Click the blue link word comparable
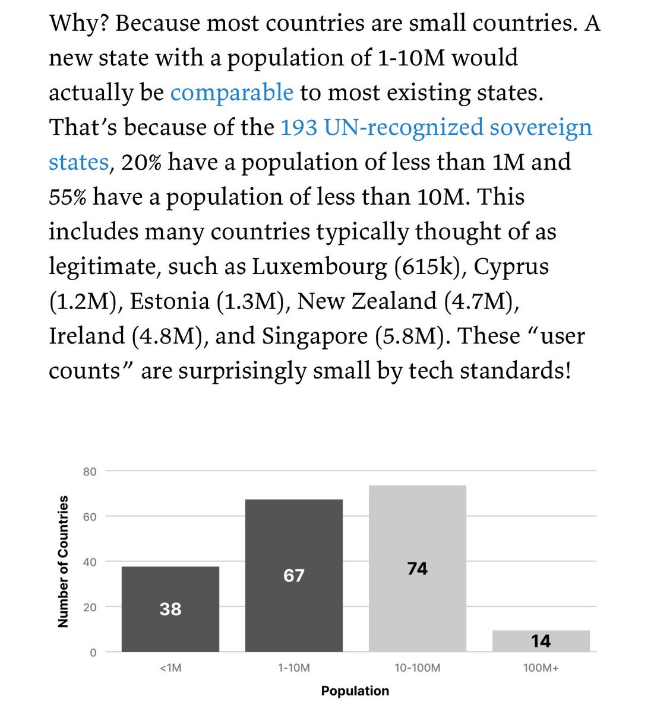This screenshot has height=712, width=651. pyautogui.click(x=232, y=93)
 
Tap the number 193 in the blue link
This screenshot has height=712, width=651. pyautogui.click(x=299, y=128)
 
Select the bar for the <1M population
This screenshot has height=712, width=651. pyautogui.click(x=170, y=609)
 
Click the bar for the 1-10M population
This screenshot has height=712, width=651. pyautogui.click(x=293, y=576)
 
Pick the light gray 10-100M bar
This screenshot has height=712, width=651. pyautogui.click(x=417, y=568)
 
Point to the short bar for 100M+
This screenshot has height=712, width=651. pyautogui.click(x=541, y=641)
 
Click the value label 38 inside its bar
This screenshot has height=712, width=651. pyautogui.click(x=170, y=609)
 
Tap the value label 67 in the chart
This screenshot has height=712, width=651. pyautogui.click(x=293, y=576)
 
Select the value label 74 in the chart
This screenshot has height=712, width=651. pyautogui.click(x=418, y=568)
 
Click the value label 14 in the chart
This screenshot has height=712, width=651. pyautogui.click(x=541, y=641)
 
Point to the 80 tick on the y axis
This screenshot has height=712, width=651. pyautogui.click(x=90, y=472)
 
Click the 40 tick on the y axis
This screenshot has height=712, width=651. pyautogui.click(x=90, y=562)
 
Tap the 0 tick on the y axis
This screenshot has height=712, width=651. pyautogui.click(x=93, y=653)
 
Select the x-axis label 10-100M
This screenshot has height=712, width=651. pyautogui.click(x=418, y=668)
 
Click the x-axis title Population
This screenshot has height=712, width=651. pyautogui.click(x=355, y=691)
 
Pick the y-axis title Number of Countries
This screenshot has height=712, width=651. pyautogui.click(x=63, y=561)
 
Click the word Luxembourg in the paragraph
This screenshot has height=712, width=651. pyautogui.click(x=320, y=267)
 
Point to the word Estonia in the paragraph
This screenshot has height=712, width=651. pyautogui.click(x=170, y=301)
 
